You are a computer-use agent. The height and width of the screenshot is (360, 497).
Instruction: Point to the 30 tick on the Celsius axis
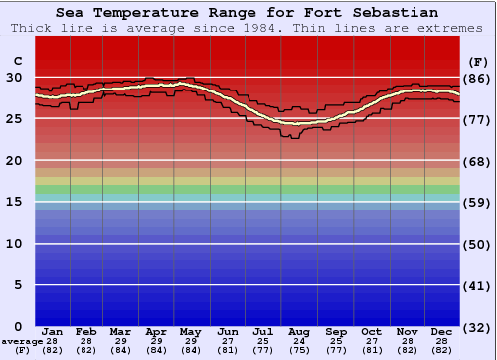15,77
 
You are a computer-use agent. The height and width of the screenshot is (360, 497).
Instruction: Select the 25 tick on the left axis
15,118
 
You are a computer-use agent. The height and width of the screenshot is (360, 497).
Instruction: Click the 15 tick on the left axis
15,202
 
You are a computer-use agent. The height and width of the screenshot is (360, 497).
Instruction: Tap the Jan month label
53,331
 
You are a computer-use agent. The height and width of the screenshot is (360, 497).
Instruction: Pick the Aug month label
299,331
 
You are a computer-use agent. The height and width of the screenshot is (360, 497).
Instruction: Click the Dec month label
442,331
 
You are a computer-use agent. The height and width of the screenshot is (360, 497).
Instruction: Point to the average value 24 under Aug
299,341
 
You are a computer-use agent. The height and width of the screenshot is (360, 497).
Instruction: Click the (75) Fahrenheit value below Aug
299,350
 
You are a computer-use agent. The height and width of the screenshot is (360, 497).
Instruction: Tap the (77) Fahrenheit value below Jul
263,350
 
